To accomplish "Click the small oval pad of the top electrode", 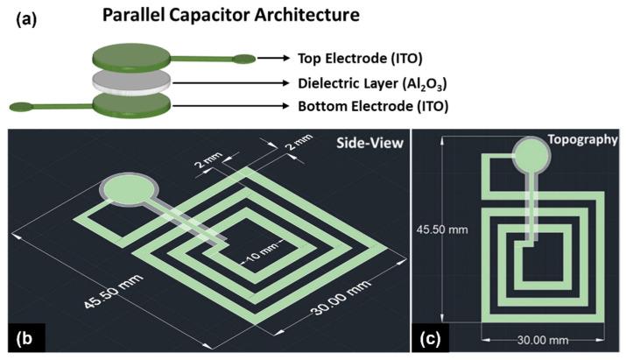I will click(x=244, y=60).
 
